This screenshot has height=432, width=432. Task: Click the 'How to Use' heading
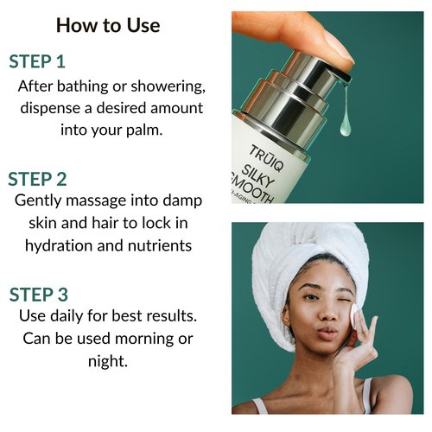[x=108, y=25]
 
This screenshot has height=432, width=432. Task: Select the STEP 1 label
[x=49, y=62]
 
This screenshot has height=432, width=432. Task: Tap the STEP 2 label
[x=49, y=179]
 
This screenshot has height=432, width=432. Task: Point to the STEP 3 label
[x=49, y=295]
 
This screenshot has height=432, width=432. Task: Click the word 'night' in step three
[x=108, y=361]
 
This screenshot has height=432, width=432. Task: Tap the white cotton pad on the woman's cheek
[x=359, y=321]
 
